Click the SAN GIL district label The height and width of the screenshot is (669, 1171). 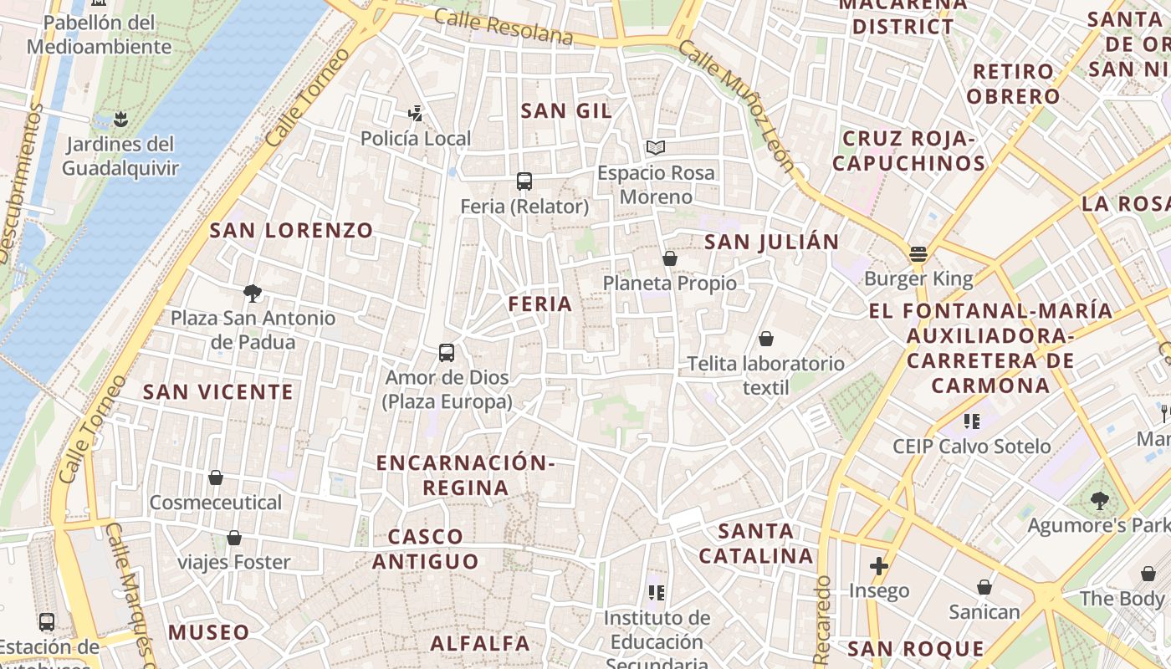point(566,110)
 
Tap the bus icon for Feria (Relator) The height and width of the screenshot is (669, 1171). point(524,181)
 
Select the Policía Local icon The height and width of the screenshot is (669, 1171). point(415,113)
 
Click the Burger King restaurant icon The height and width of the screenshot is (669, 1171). point(918,253)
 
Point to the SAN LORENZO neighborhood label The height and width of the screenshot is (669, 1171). point(291,231)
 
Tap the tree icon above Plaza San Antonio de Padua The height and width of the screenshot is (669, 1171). point(252,293)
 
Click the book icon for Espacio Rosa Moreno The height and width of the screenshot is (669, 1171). point(656,148)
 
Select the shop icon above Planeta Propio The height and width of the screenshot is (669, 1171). point(669,258)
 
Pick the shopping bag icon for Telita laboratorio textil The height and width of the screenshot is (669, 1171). point(765,339)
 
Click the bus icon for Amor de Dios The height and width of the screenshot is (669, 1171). point(447,353)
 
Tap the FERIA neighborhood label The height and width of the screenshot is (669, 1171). point(540,304)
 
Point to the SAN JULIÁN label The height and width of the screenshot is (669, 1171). point(771,243)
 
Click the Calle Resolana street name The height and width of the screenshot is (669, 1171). point(504,28)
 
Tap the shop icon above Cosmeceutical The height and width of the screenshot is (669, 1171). point(216,477)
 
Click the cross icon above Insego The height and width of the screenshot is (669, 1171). point(878,566)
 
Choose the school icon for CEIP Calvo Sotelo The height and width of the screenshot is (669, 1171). point(971,421)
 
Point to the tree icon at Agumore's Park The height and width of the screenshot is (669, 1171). point(1099,501)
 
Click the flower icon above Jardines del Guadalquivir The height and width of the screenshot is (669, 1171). point(121,119)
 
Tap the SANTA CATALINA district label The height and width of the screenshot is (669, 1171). point(756,543)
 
